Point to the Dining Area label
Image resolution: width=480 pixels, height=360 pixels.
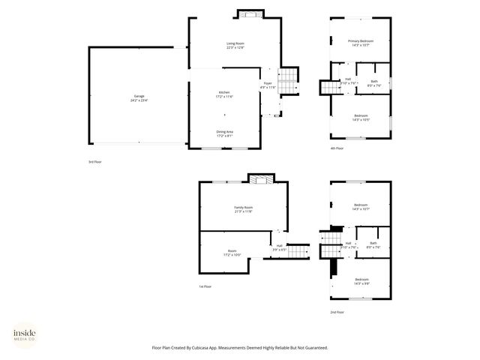225,133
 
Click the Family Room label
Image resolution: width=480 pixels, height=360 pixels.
243,208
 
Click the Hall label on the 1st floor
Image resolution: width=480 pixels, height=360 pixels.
279,247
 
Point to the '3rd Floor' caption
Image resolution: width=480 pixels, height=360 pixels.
94,161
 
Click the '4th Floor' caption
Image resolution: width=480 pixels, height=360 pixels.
337,148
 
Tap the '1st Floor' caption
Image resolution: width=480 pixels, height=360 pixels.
205,286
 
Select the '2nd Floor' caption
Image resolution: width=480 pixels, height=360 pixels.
337,311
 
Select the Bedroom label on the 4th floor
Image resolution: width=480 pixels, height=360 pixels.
361,117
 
